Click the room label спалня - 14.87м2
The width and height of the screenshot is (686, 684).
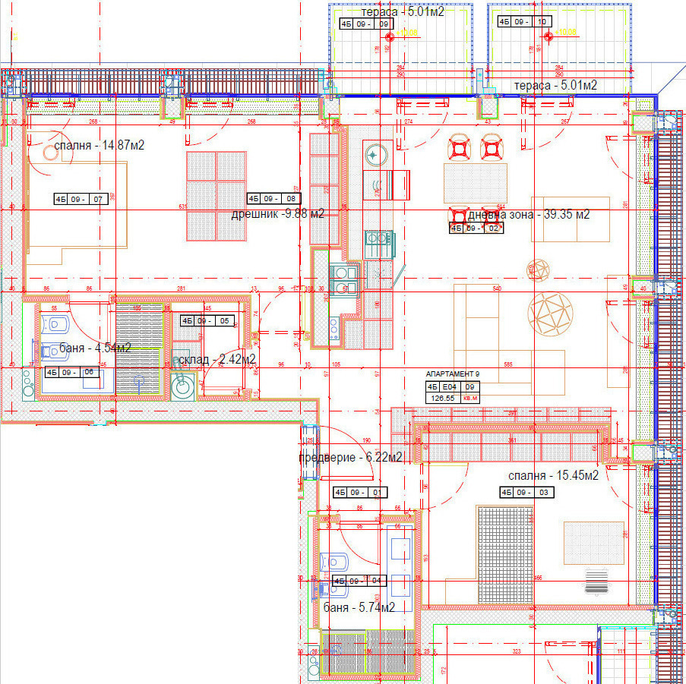pyautogui.click(x=99, y=146)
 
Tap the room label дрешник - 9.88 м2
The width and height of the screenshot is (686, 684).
pyautogui.click(x=277, y=214)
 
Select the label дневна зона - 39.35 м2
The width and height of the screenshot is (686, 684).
pyautogui.click(x=528, y=215)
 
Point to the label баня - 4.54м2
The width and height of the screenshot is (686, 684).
pyautogui.click(x=94, y=348)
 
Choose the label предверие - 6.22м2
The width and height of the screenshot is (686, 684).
pyautogui.click(x=350, y=458)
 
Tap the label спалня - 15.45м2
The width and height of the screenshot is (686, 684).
pyautogui.click(x=553, y=476)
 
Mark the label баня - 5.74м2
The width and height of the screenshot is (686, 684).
pyautogui.click(x=359, y=608)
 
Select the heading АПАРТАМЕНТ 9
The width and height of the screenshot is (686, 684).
pyautogui.click(x=453, y=374)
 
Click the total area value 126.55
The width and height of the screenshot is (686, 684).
pyautogui.click(x=443, y=397)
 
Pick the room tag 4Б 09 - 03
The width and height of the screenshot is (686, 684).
pyautogui.click(x=526, y=493)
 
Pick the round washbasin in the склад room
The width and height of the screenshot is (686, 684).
pyautogui.click(x=182, y=388)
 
